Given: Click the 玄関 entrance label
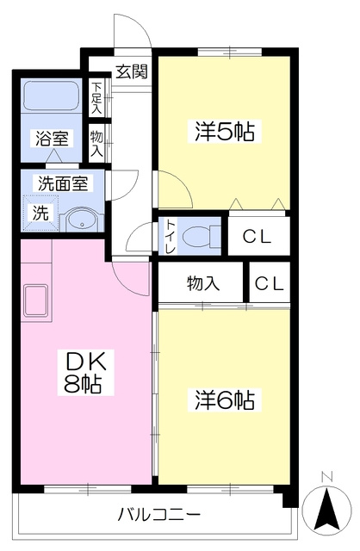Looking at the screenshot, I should click(x=132, y=71).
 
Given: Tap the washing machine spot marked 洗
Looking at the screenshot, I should click(x=40, y=214).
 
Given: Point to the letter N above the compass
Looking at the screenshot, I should click(x=326, y=476).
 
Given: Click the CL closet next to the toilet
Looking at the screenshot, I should click(x=257, y=236).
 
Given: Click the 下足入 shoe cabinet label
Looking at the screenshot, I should click(x=96, y=98).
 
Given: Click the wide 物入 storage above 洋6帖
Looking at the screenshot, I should click(x=203, y=282).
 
